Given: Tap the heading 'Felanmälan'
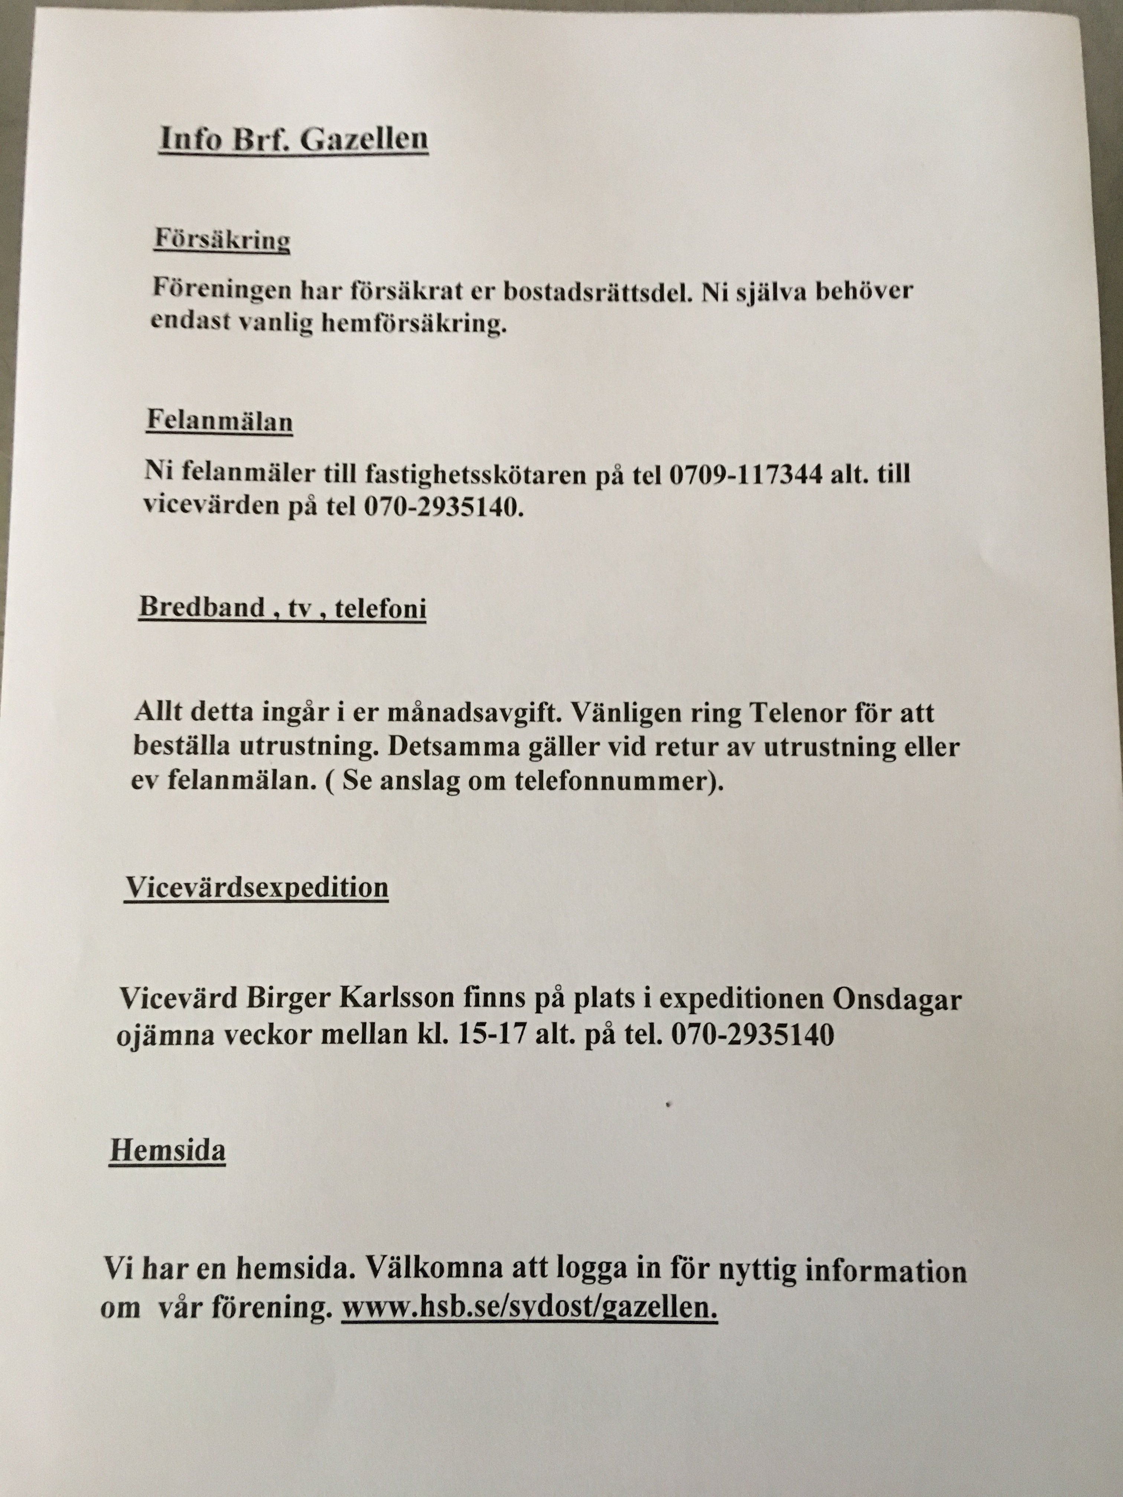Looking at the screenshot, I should tap(220, 421).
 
